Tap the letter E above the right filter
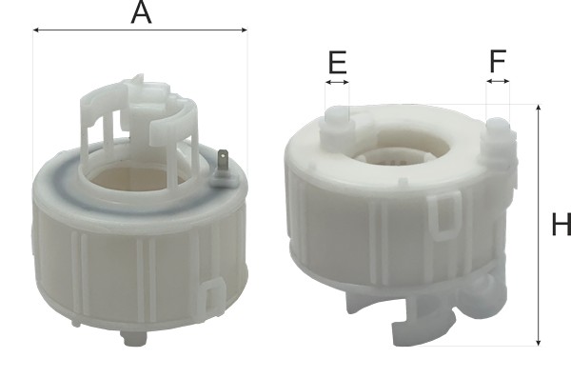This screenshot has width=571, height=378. pos(337,63)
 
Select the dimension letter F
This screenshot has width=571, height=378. pos(498,62)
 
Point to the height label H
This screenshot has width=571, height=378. pos(561,226)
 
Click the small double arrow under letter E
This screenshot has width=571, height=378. pos(337,83)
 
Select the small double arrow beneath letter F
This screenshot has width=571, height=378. pos(498,83)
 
